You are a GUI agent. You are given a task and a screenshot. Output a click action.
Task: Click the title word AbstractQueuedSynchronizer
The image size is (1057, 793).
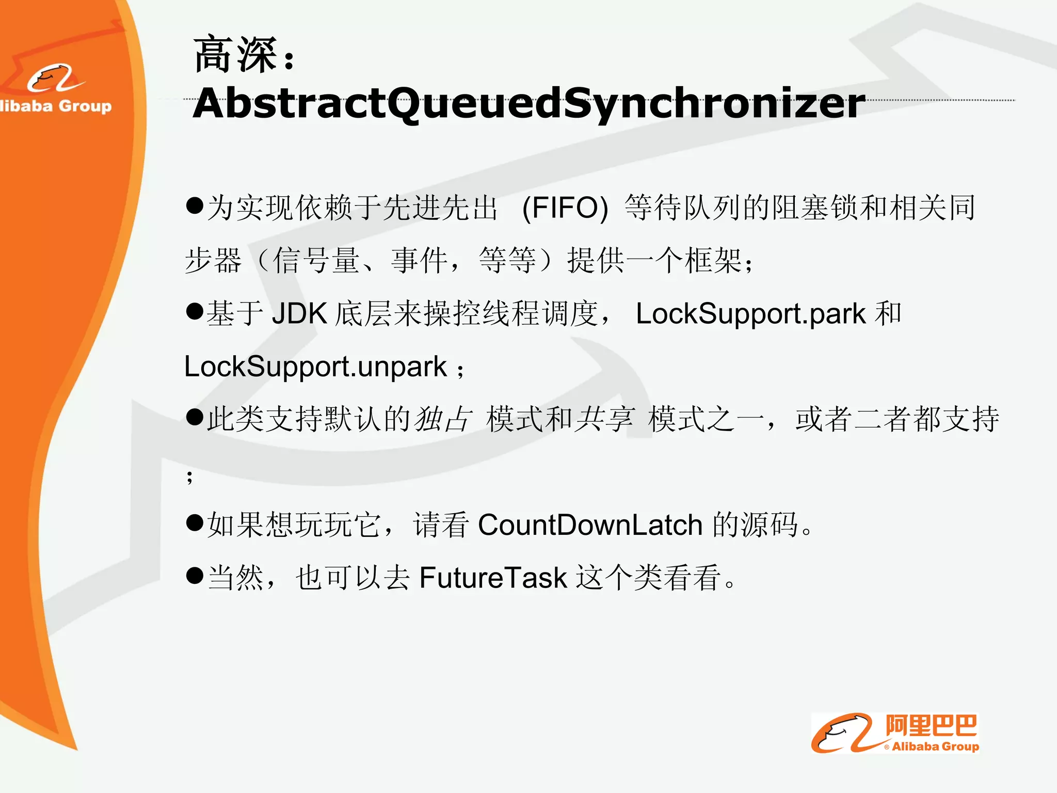click(528, 103)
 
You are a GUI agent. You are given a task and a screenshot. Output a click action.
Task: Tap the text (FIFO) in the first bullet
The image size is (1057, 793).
click(565, 208)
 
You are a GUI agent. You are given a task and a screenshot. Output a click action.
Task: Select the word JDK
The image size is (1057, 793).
click(299, 313)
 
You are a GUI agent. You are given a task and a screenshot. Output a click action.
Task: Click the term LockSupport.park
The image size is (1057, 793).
click(750, 313)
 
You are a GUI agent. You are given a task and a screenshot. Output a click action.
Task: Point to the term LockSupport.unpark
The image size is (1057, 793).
click(315, 367)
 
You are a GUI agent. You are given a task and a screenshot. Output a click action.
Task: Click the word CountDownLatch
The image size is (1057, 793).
click(590, 525)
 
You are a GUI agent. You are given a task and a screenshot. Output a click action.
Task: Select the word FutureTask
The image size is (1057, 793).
click(493, 578)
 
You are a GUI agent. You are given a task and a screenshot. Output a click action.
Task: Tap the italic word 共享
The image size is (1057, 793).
click(604, 419)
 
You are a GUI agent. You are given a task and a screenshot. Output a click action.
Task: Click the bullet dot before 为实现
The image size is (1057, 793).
click(195, 205)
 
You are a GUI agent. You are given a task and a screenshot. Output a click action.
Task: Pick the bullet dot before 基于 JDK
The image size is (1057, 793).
click(195, 311)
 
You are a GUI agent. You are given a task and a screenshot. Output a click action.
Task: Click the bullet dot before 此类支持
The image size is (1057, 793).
click(195, 417)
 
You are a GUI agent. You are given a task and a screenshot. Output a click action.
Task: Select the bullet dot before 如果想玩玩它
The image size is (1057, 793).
click(195, 522)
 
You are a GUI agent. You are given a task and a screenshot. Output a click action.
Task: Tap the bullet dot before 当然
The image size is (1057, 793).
click(195, 575)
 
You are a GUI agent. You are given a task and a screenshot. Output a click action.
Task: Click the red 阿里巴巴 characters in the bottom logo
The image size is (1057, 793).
click(931, 726)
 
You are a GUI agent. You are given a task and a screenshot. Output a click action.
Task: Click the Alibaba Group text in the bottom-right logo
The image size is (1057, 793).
click(935, 747)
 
